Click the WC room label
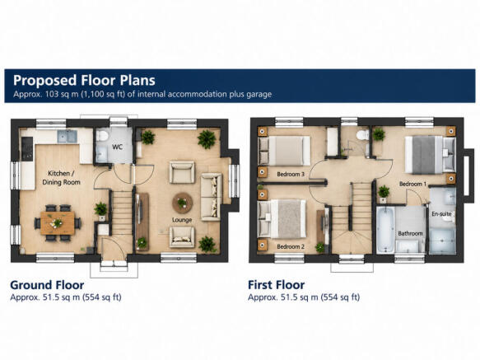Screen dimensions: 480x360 (x=117, y=147)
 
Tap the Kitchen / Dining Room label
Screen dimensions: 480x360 (x=61, y=178)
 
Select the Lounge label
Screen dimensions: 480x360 (x=182, y=220)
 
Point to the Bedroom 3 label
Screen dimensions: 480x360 (x=291, y=174)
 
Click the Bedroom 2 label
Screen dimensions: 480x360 (x=291, y=246)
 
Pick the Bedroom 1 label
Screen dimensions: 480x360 (x=412, y=184)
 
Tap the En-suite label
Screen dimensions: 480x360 (x=441, y=214)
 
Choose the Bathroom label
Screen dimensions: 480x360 (x=410, y=233)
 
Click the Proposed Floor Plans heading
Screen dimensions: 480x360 (x=84, y=80)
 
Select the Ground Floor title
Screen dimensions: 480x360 (x=47, y=285)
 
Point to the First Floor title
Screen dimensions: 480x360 (x=276, y=285)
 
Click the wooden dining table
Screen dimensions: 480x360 (x=58, y=223)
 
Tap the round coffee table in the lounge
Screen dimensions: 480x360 (x=183, y=203)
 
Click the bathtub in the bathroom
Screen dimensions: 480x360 (x=384, y=231)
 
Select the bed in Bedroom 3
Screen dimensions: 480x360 (x=284, y=151)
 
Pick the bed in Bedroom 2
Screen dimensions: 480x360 (x=282, y=219)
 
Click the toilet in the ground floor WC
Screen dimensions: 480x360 (x=101, y=135)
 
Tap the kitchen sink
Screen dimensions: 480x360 (x=67, y=137)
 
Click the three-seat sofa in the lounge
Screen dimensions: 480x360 (x=211, y=197)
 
